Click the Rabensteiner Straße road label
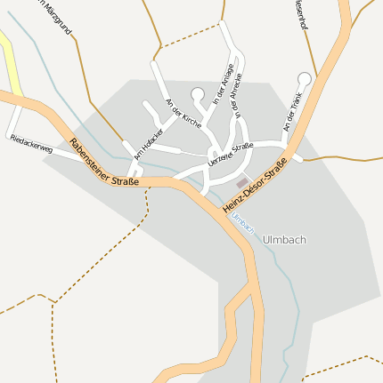click(103, 163)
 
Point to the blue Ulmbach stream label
click(242, 223)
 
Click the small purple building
click(242, 181)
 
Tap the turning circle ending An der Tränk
click(305, 78)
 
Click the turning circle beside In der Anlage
click(198, 93)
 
